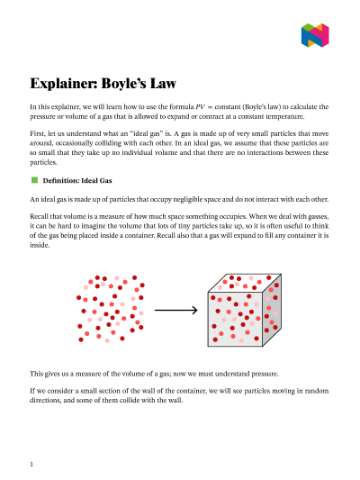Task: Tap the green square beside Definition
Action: point(33,180)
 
